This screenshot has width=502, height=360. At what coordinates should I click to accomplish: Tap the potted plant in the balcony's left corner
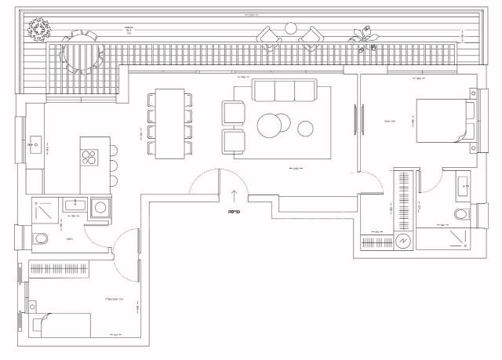tap(37, 30)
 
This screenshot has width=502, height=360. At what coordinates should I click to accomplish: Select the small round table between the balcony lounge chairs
tap(291, 29)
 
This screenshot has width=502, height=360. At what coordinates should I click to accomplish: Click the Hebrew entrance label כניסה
tap(233, 211)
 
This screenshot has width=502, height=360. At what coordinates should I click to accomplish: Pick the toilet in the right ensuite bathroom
tap(463, 215)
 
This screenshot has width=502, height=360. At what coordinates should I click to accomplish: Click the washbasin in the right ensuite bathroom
tap(461, 187)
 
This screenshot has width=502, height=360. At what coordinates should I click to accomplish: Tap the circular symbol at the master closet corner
tap(403, 242)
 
